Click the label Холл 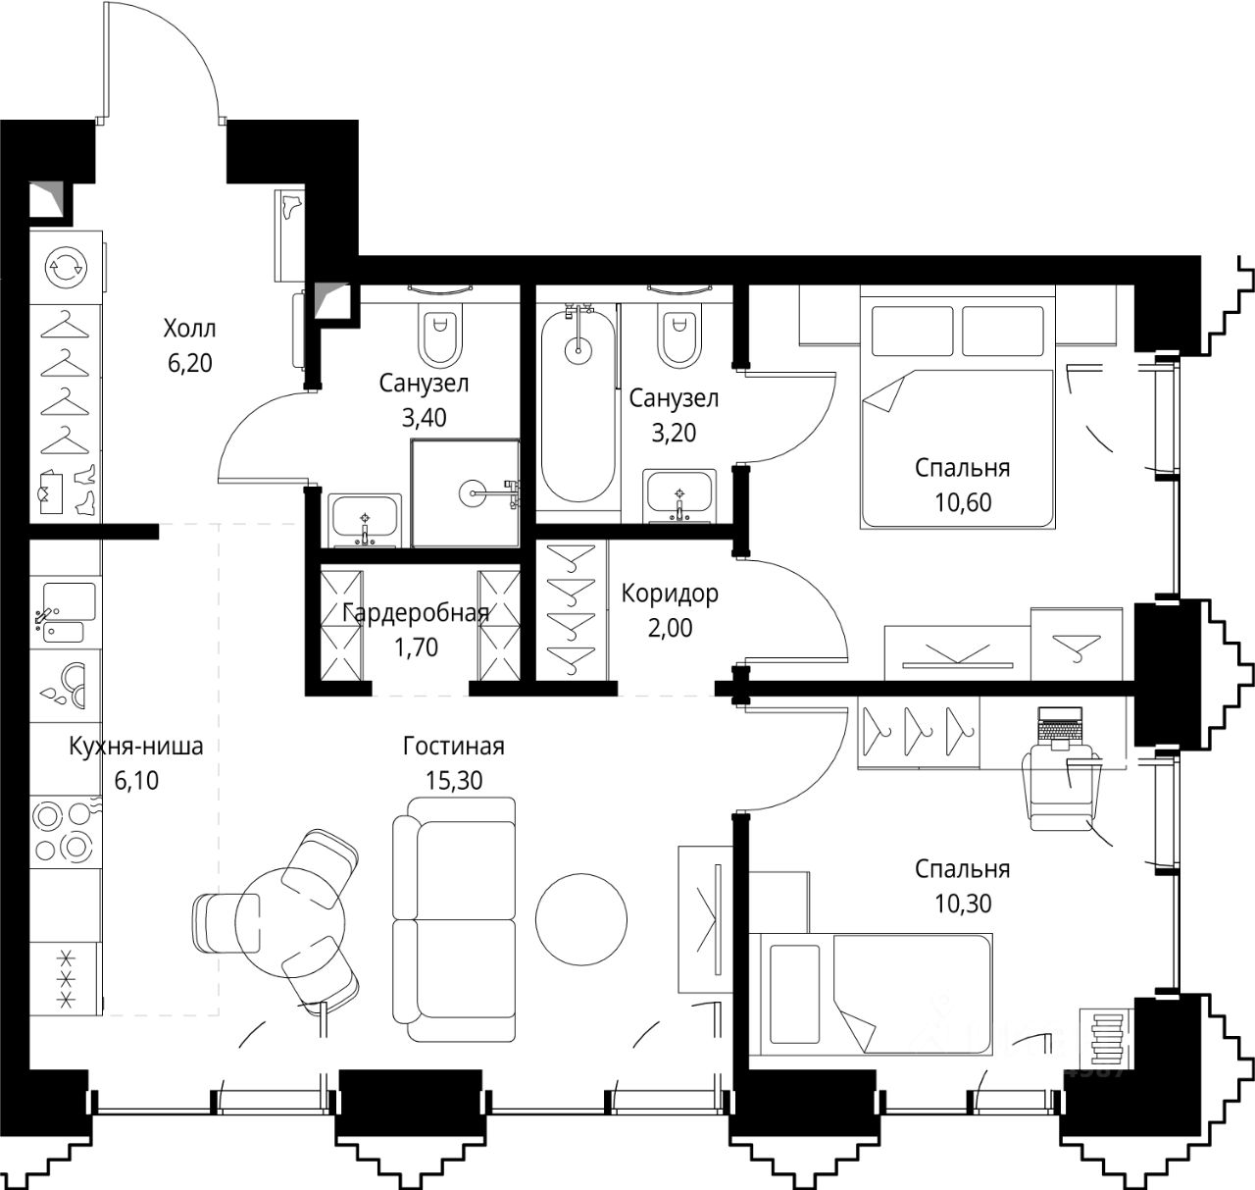coord(189,329)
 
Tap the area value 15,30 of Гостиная coord(454,781)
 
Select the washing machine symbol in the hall coord(67,267)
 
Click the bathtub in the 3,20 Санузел coord(578,405)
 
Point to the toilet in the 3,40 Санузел coord(439,333)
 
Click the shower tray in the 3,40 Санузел coord(466,492)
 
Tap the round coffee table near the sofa coord(580,920)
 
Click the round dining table coord(290,922)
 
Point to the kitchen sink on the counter coord(66,613)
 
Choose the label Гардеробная coord(416,613)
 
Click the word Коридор coord(670,594)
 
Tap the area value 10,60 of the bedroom coord(963,502)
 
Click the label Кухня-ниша coord(136,746)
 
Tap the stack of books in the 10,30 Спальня coord(1106,1040)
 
